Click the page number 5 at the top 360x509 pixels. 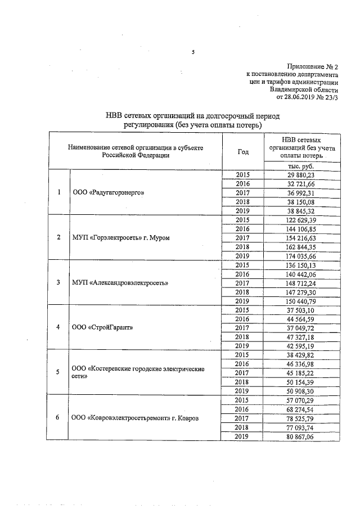[193, 52]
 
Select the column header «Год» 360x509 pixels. [243, 151]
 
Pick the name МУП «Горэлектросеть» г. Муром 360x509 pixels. [121, 237]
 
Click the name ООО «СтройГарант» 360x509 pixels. [103, 327]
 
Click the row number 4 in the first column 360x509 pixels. [60, 327]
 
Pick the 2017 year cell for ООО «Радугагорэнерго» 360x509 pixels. [243, 192]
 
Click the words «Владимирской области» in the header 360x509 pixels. [304, 88]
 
